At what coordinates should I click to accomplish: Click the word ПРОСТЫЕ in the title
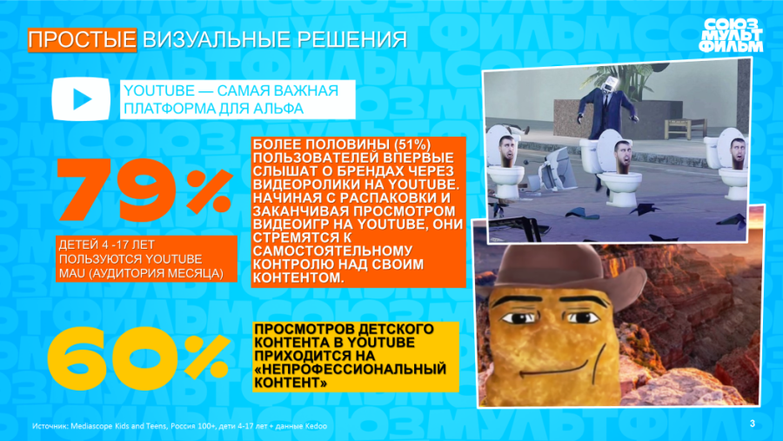pyautogui.click(x=83, y=39)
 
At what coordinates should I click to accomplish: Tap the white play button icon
pyautogui.click(x=81, y=99)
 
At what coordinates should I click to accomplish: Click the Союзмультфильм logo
pyautogui.click(x=731, y=35)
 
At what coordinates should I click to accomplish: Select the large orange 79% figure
pyautogui.click(x=144, y=190)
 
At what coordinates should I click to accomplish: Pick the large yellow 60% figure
pyautogui.click(x=139, y=357)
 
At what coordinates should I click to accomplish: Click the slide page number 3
pyautogui.click(x=752, y=424)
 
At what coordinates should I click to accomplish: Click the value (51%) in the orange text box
pyautogui.click(x=412, y=144)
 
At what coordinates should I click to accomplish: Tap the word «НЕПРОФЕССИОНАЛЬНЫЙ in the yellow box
pyautogui.click(x=350, y=370)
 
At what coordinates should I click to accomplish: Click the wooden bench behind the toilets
pyautogui.click(x=686, y=128)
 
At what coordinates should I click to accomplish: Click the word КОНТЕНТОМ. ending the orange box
pyautogui.click(x=298, y=278)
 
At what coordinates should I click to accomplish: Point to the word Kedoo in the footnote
pyautogui.click(x=317, y=426)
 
